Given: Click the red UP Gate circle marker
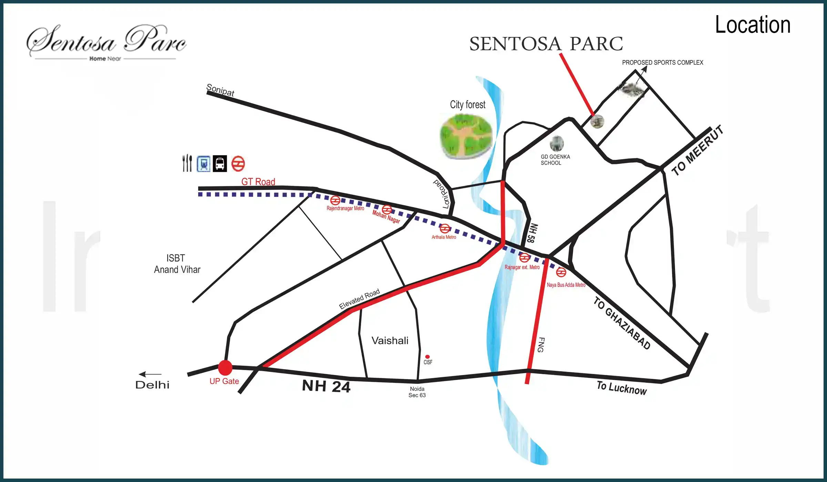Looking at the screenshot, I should [x=225, y=367].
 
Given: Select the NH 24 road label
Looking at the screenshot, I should [x=326, y=386].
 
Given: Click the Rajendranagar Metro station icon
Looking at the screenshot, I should [x=335, y=200].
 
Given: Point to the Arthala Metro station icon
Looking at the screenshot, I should [x=445, y=229].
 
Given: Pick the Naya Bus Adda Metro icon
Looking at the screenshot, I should [x=561, y=272].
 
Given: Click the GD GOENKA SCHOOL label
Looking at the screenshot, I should [x=555, y=160].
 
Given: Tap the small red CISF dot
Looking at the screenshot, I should [x=427, y=357].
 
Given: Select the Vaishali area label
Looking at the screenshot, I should [x=390, y=340].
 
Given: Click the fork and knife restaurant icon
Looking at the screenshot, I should [x=187, y=163].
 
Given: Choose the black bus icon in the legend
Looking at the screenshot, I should [x=220, y=164].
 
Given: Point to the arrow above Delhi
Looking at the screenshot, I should [x=150, y=374].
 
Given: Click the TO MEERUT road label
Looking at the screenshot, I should [x=697, y=150].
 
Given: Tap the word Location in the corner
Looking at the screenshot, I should [x=753, y=25].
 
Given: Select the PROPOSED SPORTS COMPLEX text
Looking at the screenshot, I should [x=662, y=62].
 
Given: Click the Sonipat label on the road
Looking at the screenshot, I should [x=220, y=90].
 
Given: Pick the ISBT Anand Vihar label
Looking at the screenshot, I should [x=177, y=264].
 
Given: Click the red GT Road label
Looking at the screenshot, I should [x=258, y=181].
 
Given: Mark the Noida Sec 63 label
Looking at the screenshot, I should [x=417, y=392].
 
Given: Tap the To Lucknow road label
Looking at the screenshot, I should [x=622, y=388].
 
